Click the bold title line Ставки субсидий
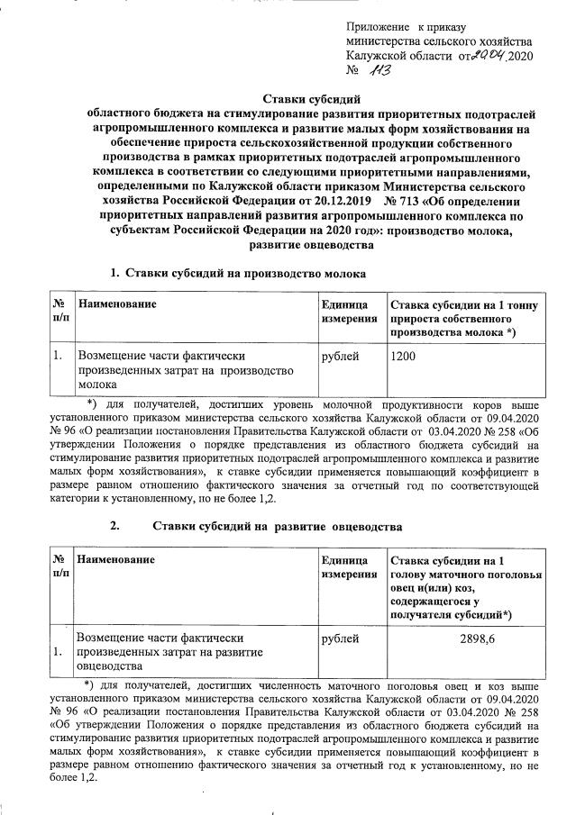pos(311,99)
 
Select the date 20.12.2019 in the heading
pos(340,201)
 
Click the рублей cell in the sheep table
pos(340,638)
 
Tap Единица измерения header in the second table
pos(349,566)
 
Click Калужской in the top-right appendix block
pos(380,57)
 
